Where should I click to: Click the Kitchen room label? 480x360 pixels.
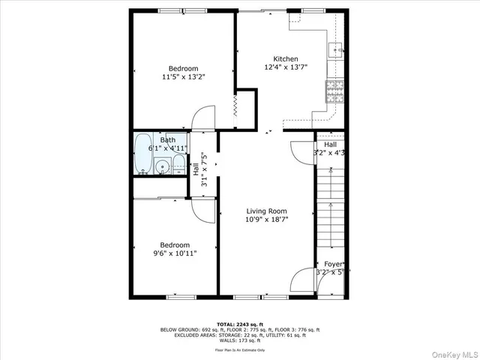tap(285, 59)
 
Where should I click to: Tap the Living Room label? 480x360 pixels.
tap(267, 211)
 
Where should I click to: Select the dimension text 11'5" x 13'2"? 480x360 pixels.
tap(184, 76)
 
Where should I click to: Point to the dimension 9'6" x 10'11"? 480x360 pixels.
tap(175, 253)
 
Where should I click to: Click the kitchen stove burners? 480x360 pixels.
tap(334, 91)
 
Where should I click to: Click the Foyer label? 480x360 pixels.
tap(334, 264)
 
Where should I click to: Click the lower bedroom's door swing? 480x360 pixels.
tap(203, 209)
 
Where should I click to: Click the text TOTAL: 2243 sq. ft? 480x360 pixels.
tap(240, 324)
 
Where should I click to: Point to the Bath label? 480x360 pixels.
tap(167, 139)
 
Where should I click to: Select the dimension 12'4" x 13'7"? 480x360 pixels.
tap(285, 68)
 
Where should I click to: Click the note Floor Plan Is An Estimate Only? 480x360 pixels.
tap(240, 349)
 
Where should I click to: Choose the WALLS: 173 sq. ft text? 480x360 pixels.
tap(240, 340)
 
